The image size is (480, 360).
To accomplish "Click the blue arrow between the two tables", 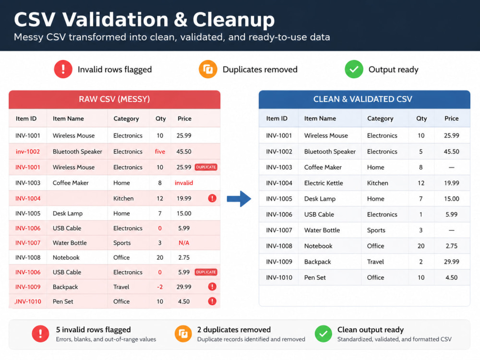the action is (239, 199).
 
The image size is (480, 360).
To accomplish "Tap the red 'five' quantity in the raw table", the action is (160, 152).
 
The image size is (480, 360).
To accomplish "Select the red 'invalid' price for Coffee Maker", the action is (184, 183).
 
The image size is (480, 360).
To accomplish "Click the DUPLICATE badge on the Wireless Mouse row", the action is (206, 167).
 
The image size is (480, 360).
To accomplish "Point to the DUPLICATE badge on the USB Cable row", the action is (206, 272).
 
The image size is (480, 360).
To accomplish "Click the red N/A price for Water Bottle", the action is (184, 243).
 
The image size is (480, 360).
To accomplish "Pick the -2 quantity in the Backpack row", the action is (160, 287).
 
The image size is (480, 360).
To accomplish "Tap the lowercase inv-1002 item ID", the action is (27, 152).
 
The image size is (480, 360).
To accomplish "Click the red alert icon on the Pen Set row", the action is (212, 301).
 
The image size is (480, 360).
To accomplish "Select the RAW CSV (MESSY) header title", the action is (114, 99).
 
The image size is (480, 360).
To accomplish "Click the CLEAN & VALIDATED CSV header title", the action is (363, 99).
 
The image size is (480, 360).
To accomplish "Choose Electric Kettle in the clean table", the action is (324, 183).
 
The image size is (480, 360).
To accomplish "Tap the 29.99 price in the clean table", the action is (452, 262).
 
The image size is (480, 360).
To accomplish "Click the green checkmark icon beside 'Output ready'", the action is (354, 70).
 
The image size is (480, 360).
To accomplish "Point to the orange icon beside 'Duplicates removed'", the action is (208, 70).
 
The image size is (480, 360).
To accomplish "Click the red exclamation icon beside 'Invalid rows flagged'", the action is (63, 70).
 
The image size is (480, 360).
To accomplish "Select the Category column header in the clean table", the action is (380, 119).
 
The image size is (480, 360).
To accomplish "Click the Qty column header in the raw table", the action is (160, 119).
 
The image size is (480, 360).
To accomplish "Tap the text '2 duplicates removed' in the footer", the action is (234, 330).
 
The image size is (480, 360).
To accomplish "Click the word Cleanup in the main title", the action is (234, 20).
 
